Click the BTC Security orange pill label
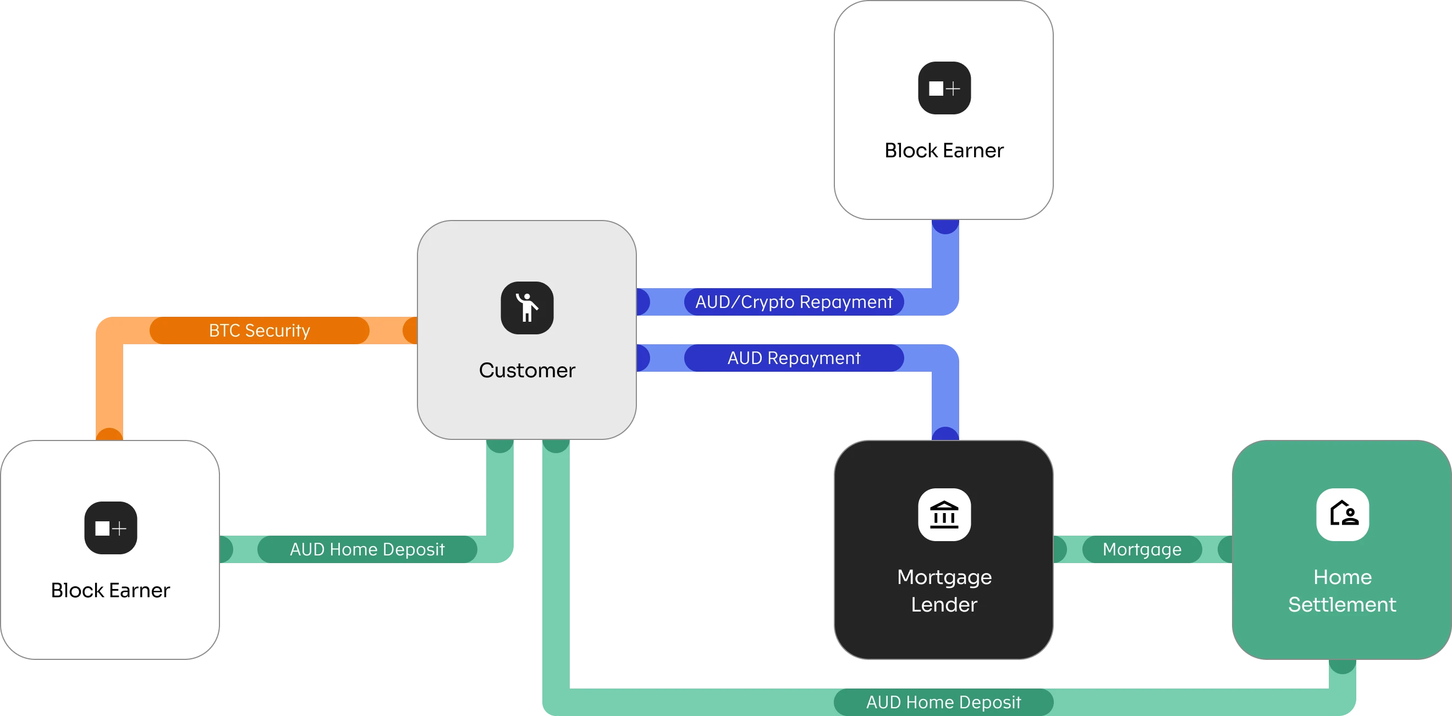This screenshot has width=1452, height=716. tap(259, 331)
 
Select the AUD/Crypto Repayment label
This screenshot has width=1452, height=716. tap(794, 302)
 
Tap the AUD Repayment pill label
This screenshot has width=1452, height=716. tap(794, 358)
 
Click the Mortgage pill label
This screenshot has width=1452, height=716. tap(1142, 549)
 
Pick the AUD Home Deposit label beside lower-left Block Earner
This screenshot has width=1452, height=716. tap(367, 549)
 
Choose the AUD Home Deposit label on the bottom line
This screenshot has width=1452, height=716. tap(943, 702)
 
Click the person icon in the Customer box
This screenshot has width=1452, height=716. tap(527, 308)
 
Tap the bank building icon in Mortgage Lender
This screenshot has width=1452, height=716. tap(944, 515)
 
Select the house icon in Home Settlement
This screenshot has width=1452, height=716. tap(1343, 515)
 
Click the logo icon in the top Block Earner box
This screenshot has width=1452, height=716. tap(944, 88)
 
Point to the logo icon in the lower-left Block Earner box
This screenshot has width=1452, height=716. tap(111, 528)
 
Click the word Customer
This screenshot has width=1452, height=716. tap(527, 371)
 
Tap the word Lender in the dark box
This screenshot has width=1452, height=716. tap(944, 605)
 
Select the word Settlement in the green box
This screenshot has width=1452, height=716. tap(1342, 605)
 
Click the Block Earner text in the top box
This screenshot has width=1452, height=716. tap(944, 151)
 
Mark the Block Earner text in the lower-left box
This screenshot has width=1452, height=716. tap(111, 590)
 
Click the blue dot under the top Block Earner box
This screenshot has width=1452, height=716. tap(945, 226)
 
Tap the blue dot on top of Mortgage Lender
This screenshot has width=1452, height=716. tap(945, 434)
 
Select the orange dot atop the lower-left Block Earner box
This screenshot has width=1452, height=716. tap(109, 434)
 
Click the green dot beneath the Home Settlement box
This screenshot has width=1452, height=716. tap(1343, 666)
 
